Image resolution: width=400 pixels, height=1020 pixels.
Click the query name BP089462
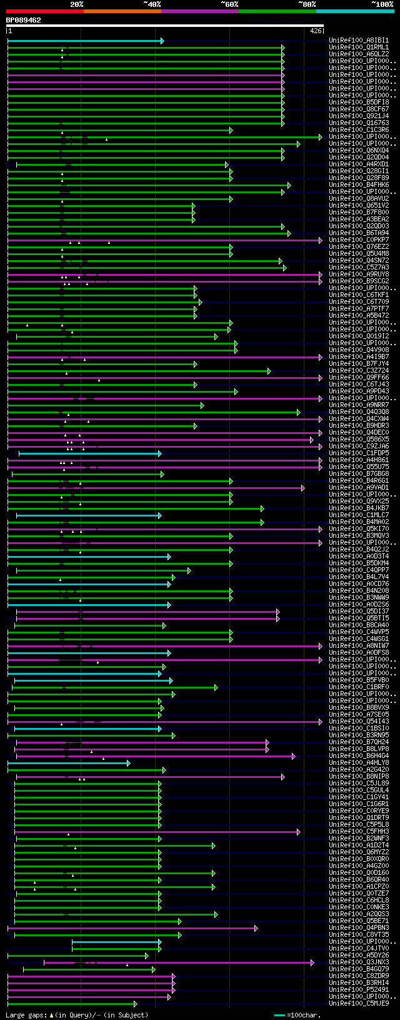tap(24, 20)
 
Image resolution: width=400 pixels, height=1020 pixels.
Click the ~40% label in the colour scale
tap(152, 4)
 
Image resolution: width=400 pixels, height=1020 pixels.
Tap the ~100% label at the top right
tap(382, 4)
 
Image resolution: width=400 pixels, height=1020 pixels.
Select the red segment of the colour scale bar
tap(44, 11)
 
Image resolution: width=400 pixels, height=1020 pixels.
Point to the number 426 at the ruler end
tap(316, 31)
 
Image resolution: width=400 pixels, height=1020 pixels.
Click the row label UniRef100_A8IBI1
tap(359, 41)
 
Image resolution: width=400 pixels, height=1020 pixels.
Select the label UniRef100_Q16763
tap(359, 123)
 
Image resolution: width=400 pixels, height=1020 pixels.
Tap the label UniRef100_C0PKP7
tap(359, 240)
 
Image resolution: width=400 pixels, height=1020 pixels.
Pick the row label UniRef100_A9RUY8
tap(359, 275)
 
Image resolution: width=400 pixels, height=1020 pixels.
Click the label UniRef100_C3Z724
tap(359, 371)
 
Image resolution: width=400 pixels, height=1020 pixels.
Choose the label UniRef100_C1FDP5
tap(359, 453)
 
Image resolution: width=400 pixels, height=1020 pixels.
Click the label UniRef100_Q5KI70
tap(359, 529)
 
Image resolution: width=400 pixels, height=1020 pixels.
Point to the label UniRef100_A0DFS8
tap(359, 653)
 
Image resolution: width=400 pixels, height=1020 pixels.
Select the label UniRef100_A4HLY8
tap(359, 763)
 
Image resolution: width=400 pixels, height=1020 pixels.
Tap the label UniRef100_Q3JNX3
tap(359, 962)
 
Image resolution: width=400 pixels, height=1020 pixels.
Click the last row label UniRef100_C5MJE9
tap(359, 1004)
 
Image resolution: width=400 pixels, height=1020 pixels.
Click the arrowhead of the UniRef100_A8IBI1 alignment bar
tap(162, 41)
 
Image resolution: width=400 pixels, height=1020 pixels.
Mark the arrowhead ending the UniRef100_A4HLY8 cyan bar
tap(129, 763)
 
